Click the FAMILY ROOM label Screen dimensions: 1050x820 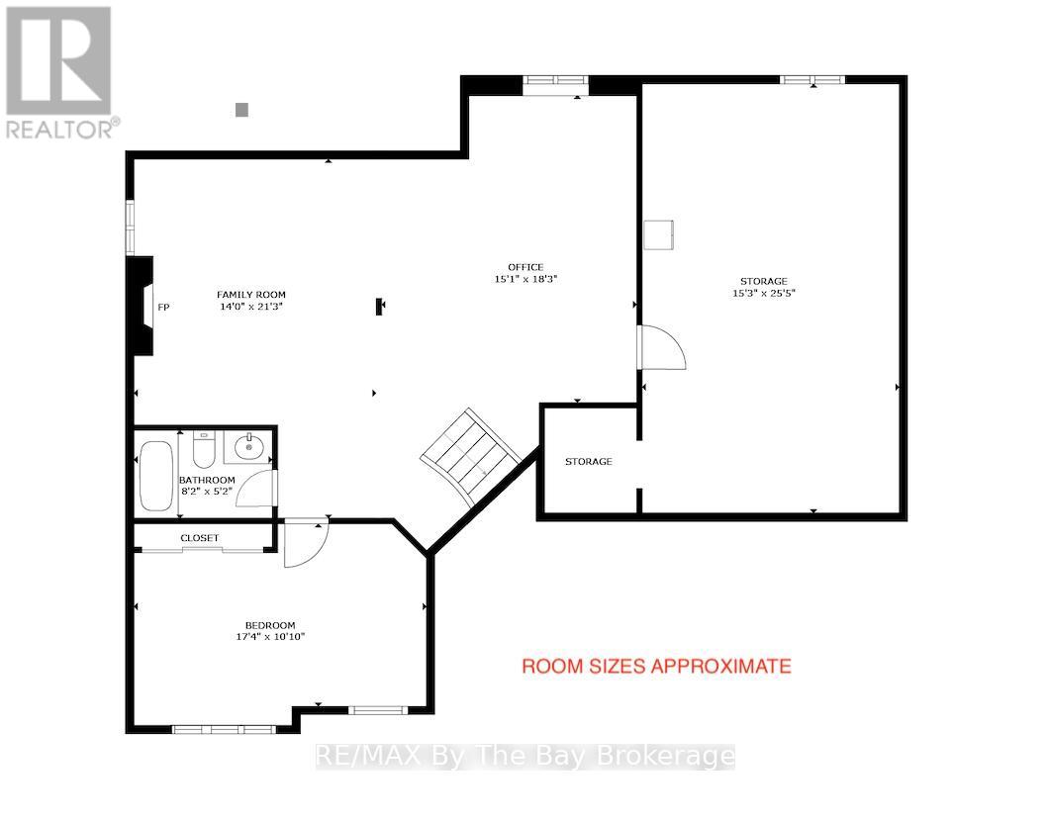coord(251,295)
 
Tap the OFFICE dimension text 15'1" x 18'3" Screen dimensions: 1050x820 coord(525,279)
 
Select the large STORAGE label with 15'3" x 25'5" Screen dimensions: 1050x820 coord(763,281)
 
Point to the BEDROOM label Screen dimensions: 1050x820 coord(270,625)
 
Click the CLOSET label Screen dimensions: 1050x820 coord(200,538)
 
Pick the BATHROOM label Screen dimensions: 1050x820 coord(207,480)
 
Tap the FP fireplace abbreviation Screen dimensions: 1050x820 coord(163,308)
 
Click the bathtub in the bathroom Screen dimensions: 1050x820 coord(156,475)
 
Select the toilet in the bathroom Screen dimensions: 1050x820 coord(203,449)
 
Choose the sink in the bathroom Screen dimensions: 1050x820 coord(247,447)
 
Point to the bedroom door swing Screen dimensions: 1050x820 coord(305,544)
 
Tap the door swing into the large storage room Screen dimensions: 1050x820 coord(662,347)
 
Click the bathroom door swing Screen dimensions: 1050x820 coord(256,488)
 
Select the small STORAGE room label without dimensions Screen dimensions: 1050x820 coord(589,461)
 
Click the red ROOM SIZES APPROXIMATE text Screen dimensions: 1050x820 coord(656,666)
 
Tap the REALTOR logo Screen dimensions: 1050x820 coord(59,72)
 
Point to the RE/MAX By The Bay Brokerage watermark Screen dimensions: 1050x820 coord(525,757)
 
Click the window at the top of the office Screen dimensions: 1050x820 coord(555,80)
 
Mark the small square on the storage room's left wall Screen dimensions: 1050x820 coord(659,234)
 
